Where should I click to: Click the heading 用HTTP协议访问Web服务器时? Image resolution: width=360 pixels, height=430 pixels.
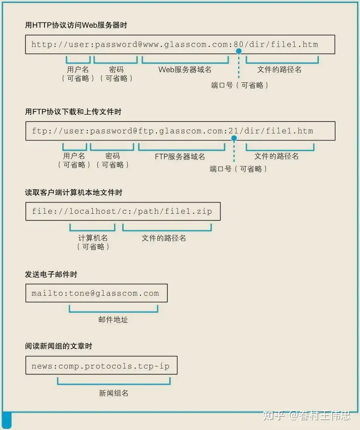(76, 25)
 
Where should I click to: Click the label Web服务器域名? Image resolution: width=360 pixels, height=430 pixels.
(185, 69)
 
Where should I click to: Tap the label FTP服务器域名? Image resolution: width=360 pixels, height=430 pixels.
(180, 157)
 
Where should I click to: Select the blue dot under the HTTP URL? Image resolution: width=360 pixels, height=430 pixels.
(238, 51)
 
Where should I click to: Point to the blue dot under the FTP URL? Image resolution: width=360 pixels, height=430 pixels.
(234, 138)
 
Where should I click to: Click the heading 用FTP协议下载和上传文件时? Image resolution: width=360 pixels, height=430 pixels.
(73, 112)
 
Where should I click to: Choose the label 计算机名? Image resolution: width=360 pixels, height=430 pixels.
(93, 238)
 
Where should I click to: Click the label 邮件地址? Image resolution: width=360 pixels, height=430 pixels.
(113, 320)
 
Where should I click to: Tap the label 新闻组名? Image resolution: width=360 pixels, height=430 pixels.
(113, 393)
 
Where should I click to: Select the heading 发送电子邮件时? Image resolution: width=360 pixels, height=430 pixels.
(51, 274)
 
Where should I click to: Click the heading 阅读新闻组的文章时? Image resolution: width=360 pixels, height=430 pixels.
(58, 346)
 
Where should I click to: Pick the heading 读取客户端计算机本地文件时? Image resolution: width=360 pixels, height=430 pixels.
(74, 193)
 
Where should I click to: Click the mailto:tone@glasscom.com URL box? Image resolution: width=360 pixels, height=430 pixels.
(96, 293)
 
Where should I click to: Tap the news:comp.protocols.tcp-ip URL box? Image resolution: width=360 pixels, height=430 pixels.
(101, 366)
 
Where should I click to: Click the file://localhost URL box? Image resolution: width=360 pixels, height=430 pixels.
(123, 211)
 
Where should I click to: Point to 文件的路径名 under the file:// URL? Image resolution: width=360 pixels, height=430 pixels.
(164, 238)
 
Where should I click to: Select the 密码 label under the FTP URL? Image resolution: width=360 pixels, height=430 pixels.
(112, 156)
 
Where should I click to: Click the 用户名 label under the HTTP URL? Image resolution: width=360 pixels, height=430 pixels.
(78, 69)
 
